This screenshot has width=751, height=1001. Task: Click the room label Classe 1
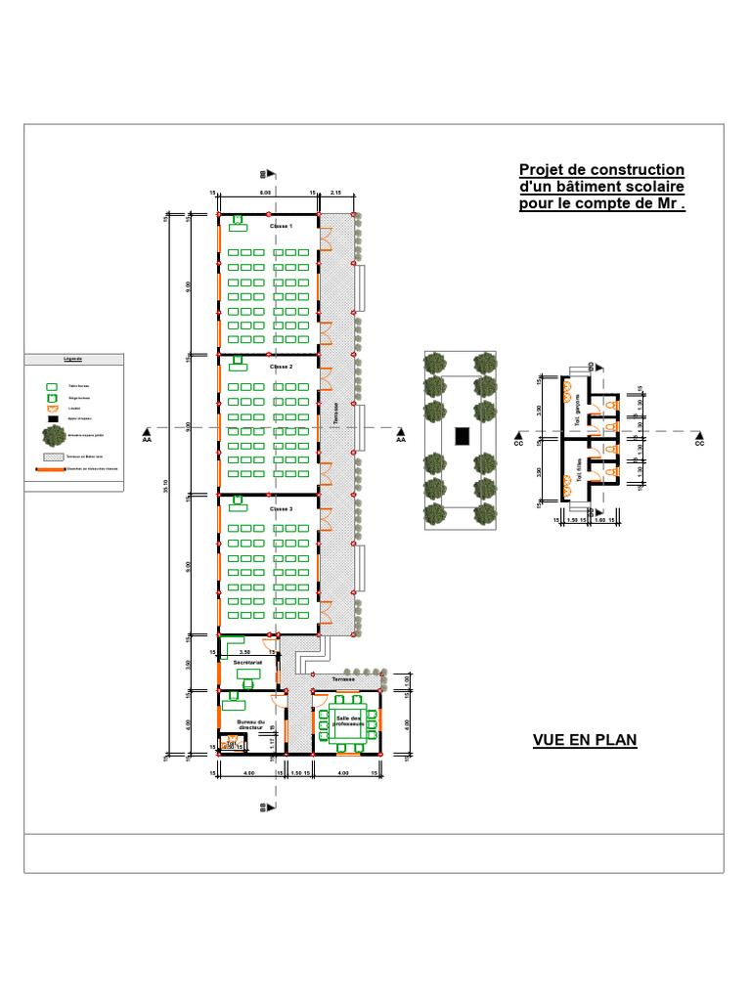(x=282, y=226)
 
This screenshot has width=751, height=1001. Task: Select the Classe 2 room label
(x=282, y=367)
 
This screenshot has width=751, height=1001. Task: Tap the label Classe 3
(x=282, y=509)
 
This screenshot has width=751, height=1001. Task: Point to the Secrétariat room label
(x=247, y=662)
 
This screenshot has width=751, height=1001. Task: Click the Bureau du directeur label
(x=251, y=725)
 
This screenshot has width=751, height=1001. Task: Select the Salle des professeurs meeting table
(x=349, y=723)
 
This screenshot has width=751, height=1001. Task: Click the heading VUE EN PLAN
(x=585, y=740)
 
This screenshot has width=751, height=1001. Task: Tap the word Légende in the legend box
(x=73, y=359)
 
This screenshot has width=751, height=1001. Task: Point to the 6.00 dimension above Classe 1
(x=265, y=193)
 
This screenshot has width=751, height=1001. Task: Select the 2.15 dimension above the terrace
(x=336, y=193)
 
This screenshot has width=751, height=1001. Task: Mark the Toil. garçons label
(x=579, y=404)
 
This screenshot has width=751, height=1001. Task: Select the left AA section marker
(x=147, y=436)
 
